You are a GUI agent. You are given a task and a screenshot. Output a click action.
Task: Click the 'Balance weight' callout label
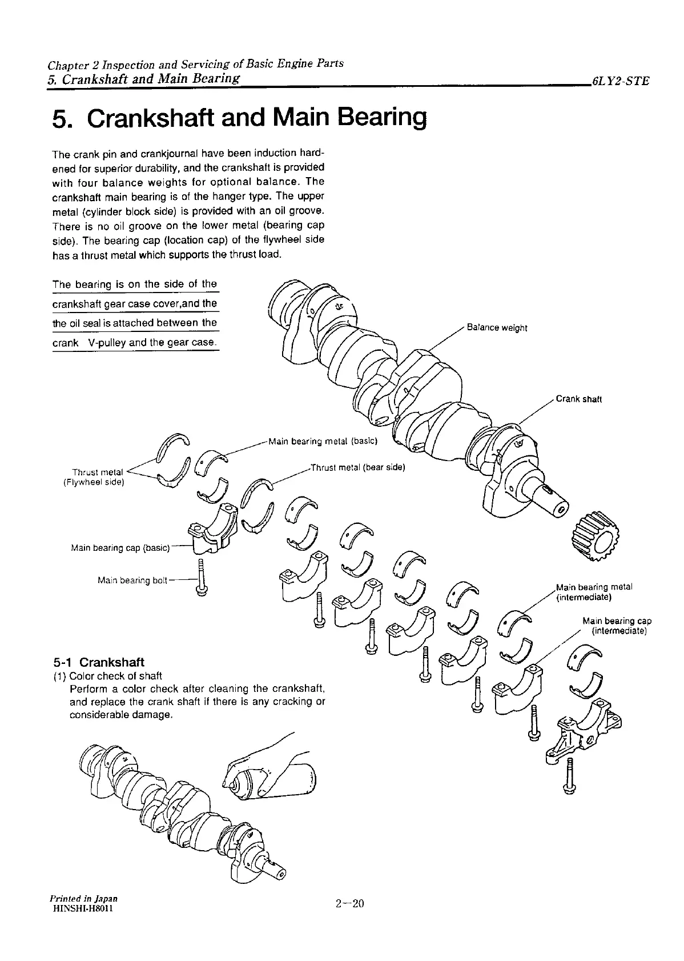point(497,328)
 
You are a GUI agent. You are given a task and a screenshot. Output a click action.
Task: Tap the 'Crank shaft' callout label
point(578,399)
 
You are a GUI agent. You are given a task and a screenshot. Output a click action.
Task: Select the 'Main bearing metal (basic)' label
point(322,441)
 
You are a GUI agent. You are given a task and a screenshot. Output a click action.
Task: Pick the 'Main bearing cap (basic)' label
point(120,548)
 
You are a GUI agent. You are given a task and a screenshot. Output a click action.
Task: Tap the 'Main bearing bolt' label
point(132,580)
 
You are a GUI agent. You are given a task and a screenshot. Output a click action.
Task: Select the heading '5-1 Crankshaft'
point(98,662)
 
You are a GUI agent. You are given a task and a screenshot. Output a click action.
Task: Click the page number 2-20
point(349,903)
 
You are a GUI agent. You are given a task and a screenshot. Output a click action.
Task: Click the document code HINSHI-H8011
point(82,910)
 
